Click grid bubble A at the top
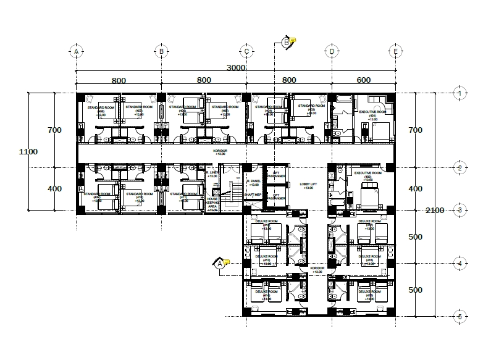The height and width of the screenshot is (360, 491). [x=76, y=52]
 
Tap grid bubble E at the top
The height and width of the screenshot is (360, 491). [x=396, y=52]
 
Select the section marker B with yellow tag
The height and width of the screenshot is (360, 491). [x=286, y=42]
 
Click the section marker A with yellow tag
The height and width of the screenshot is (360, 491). [x=219, y=264]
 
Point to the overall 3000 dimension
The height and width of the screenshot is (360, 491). [x=235, y=67]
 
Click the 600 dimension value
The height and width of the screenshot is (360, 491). [x=364, y=80]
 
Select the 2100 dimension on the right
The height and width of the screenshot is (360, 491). [x=434, y=211]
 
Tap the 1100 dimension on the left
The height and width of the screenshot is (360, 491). [x=28, y=151]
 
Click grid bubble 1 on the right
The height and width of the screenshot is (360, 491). [x=459, y=93]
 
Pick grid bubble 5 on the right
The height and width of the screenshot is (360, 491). [x=459, y=317]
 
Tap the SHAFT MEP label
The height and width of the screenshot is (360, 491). [x=253, y=195]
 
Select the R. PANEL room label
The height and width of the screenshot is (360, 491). [x=253, y=182]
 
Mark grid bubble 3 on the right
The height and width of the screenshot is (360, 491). [x=459, y=211]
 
